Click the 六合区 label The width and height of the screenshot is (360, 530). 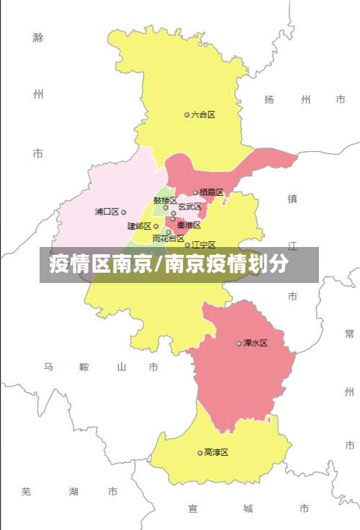[x=204, y=114]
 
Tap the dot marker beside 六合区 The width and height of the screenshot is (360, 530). [x=186, y=114]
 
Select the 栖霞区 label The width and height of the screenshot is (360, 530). [x=212, y=192]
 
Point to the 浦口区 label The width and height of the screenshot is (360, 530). [x=107, y=212]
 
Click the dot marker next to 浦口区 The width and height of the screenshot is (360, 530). [x=124, y=212]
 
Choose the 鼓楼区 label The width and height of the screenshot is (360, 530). [x=164, y=200]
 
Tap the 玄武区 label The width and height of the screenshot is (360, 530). [x=189, y=207]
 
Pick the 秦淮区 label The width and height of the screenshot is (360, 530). [x=189, y=225]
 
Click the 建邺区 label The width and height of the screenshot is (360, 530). [x=139, y=226]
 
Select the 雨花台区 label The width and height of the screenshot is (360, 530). [x=168, y=238]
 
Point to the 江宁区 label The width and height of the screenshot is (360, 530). [x=204, y=246]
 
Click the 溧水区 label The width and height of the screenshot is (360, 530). [x=255, y=343]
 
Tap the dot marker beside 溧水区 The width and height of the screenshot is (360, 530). [x=239, y=343]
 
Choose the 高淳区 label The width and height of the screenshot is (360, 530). [x=216, y=452]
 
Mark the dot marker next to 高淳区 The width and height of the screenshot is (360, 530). [x=200, y=452]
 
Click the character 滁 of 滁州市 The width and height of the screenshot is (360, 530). [x=38, y=37]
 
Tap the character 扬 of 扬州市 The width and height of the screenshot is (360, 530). [x=269, y=99]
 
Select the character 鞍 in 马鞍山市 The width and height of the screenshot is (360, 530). [x=84, y=367]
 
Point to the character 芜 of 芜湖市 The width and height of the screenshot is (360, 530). [x=27, y=492]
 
